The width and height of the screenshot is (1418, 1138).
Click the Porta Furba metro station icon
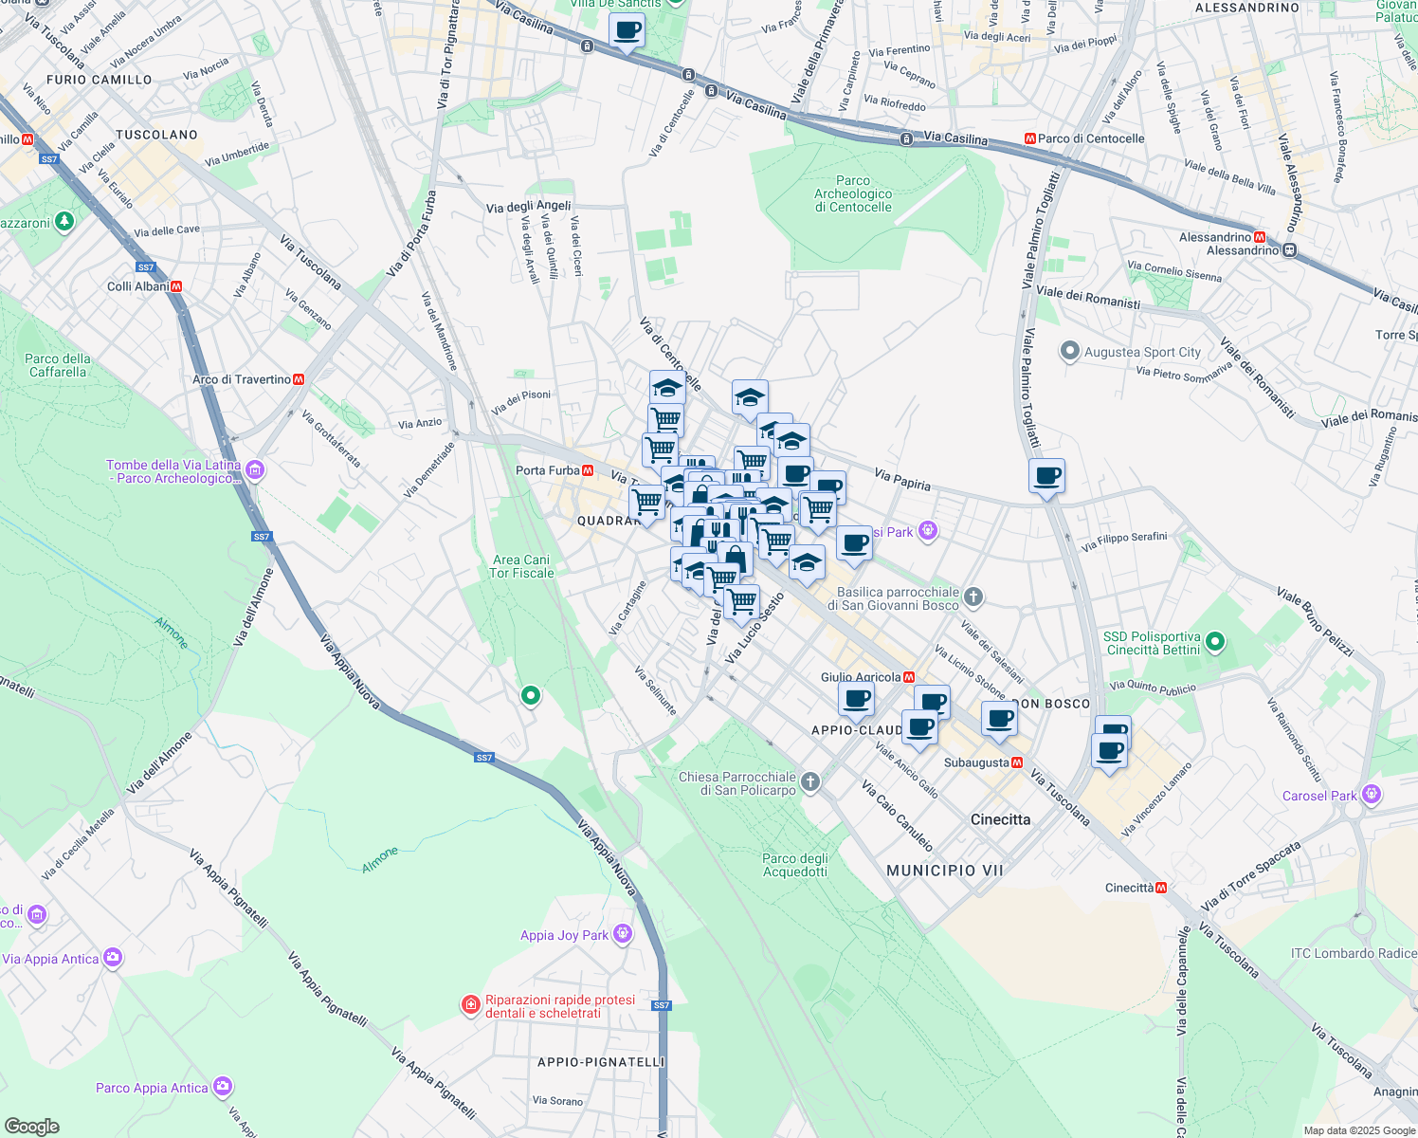pyautogui.click(x=588, y=470)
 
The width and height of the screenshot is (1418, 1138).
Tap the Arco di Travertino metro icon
pyautogui.click(x=300, y=379)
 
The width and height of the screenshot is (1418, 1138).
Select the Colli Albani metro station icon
pyautogui.click(x=176, y=286)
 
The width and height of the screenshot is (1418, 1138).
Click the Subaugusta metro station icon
pyautogui.click(x=1017, y=762)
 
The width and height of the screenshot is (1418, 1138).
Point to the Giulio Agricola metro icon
pyautogui.click(x=909, y=677)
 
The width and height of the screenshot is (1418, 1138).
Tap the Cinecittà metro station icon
pyautogui.click(x=1161, y=888)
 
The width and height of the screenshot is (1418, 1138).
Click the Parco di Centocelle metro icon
pyautogui.click(x=1030, y=138)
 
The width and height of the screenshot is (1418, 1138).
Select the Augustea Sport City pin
pyautogui.click(x=1070, y=352)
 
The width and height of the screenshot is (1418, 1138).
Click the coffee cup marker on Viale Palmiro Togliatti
pyautogui.click(x=1046, y=475)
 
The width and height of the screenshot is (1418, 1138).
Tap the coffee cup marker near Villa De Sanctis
pyautogui.click(x=627, y=30)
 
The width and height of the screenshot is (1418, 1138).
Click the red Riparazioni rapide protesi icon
pyautogui.click(x=470, y=1005)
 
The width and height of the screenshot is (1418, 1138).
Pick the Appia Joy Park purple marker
pyautogui.click(x=622, y=934)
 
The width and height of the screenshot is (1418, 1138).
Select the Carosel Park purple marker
pyautogui.click(x=1371, y=795)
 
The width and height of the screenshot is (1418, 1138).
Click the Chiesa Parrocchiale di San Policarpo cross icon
pyautogui.click(x=809, y=782)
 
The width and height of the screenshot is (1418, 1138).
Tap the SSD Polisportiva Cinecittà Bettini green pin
pyautogui.click(x=1215, y=642)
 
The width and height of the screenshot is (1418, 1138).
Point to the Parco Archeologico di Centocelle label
pyautogui.click(x=853, y=193)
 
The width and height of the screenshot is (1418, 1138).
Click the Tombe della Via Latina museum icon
pyautogui.click(x=255, y=469)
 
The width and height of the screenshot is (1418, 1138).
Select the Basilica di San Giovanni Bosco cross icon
pyautogui.click(x=973, y=597)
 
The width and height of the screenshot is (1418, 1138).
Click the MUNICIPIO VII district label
pyautogui.click(x=944, y=870)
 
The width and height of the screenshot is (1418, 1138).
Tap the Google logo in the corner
pyautogui.click(x=31, y=1127)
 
